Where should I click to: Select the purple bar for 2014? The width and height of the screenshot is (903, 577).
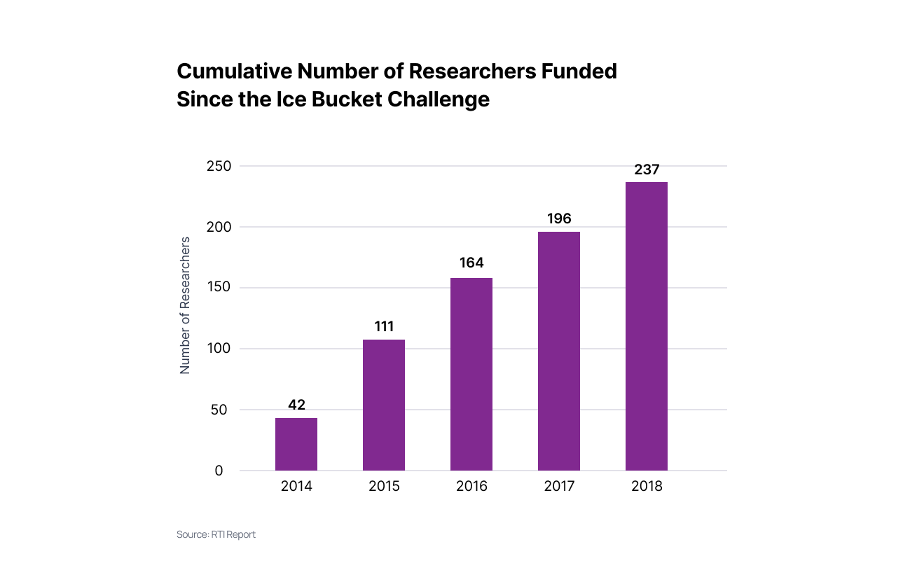296,444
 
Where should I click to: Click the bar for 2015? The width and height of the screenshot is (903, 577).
383,405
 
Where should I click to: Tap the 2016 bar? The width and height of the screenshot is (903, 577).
471,374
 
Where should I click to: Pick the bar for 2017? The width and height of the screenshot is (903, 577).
558,351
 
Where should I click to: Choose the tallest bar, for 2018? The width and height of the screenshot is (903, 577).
646,326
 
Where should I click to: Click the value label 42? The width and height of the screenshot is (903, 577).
296,405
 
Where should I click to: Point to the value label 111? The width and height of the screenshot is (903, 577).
384,326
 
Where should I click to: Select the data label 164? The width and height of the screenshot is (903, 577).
471,263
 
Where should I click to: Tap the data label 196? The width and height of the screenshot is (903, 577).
559,218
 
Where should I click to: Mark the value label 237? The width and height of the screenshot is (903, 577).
647,169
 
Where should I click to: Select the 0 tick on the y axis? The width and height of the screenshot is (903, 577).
219,471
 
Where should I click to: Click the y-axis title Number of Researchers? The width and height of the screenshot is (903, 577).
186,305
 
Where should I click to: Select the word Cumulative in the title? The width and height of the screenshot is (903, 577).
234,71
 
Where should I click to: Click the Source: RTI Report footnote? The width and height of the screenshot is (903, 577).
216,534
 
